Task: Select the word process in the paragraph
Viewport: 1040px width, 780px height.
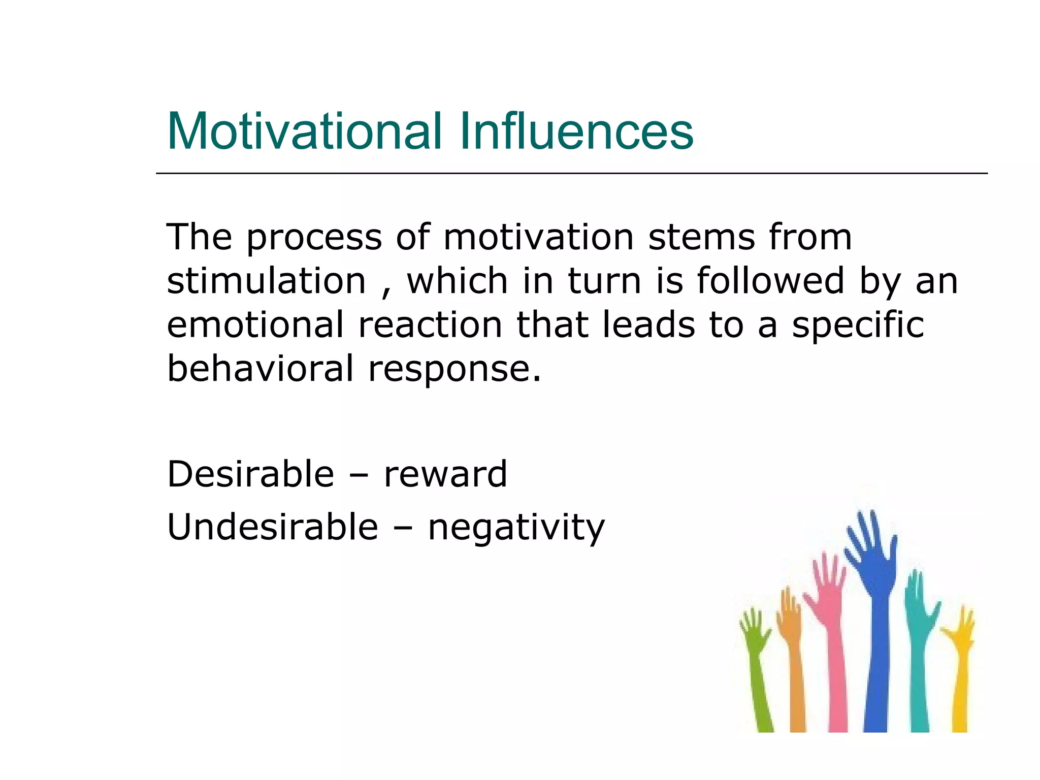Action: (314, 238)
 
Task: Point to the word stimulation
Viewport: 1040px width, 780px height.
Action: (266, 281)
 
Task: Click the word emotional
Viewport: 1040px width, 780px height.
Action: (255, 325)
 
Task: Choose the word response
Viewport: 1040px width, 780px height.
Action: (455, 370)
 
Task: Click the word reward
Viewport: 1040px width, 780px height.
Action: (445, 474)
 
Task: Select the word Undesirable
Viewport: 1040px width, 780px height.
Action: (273, 527)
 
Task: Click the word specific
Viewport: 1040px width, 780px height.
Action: (858, 326)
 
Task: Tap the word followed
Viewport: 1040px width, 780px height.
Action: (770, 281)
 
